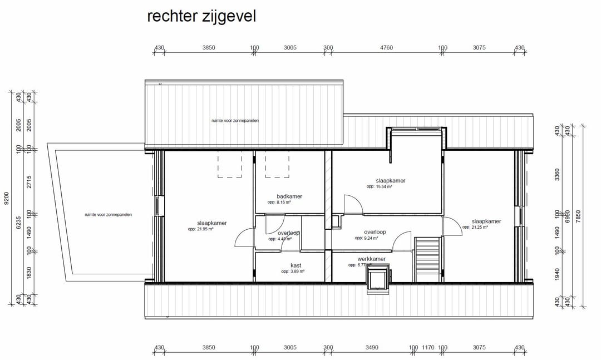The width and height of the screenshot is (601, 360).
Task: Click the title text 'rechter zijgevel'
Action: pyautogui.click(x=201, y=17)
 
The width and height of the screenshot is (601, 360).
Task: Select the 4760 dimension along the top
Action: pyautogui.click(x=386, y=48)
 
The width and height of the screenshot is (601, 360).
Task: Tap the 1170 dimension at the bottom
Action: pyautogui.click(x=428, y=347)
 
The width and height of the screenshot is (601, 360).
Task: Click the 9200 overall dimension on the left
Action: pyautogui.click(x=7, y=198)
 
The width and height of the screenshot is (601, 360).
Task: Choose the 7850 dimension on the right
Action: pyautogui.click(x=579, y=216)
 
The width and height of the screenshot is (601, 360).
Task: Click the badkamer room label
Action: pyautogui.click(x=289, y=196)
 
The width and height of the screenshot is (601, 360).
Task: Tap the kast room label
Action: pyautogui.click(x=295, y=265)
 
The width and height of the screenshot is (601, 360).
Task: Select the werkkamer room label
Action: pyautogui.click(x=371, y=259)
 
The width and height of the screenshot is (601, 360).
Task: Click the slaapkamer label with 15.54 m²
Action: pyautogui.click(x=390, y=181)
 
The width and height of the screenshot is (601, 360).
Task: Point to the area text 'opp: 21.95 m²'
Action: pyautogui.click(x=201, y=229)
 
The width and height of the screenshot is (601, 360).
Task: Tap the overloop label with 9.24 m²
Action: pyautogui.click(x=375, y=232)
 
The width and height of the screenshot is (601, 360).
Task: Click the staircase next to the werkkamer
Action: pyautogui.click(x=427, y=259)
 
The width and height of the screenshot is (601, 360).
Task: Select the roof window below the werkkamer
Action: pyautogui.click(x=377, y=279)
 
